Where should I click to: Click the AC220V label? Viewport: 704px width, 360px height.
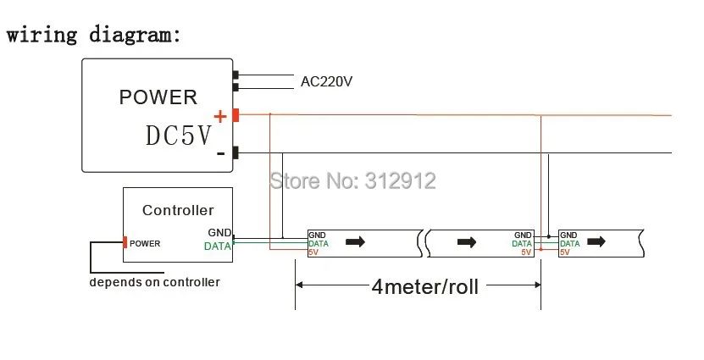pyautogui.click(x=326, y=81)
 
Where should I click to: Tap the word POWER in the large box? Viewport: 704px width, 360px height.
pyautogui.click(x=158, y=97)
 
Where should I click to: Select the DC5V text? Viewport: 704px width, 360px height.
pyautogui.click(x=178, y=136)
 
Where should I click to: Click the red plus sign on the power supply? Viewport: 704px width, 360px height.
pyautogui.click(x=220, y=117)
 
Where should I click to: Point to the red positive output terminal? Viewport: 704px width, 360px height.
pyautogui.click(x=236, y=115)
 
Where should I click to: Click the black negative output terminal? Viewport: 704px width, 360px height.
pyautogui.click(x=236, y=152)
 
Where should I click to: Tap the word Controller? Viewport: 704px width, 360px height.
pyautogui.click(x=178, y=210)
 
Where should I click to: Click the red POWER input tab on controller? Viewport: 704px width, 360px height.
pyautogui.click(x=125, y=242)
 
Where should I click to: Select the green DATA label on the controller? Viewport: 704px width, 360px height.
pyautogui.click(x=218, y=246)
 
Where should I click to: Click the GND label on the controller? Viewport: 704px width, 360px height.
pyautogui.click(x=219, y=233)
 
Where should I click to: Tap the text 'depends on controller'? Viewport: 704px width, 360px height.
pyautogui.click(x=154, y=282)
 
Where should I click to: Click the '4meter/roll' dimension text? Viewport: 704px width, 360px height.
pyautogui.click(x=424, y=286)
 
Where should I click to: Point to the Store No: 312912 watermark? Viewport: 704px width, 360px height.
pyautogui.click(x=353, y=180)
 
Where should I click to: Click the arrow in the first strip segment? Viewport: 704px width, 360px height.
pyautogui.click(x=356, y=242)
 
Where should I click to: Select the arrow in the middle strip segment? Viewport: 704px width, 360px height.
pyautogui.click(x=467, y=242)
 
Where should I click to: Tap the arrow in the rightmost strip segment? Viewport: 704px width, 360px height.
pyautogui.click(x=596, y=241)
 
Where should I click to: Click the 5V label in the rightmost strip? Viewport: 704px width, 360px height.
pyautogui.click(x=565, y=252)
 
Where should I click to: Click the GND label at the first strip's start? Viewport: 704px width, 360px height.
pyautogui.click(x=317, y=235)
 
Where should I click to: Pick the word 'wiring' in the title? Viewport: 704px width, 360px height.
pyautogui.click(x=42, y=35)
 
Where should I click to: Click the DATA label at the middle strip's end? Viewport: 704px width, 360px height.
pyautogui.click(x=522, y=244)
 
